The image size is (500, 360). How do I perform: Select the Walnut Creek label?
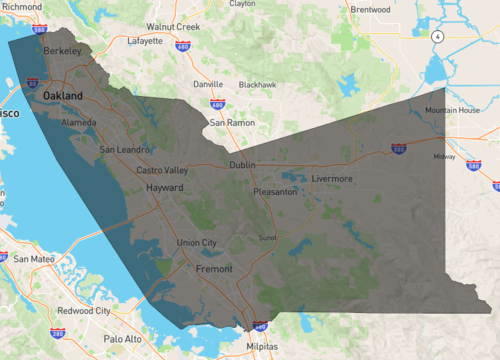pos(173,26)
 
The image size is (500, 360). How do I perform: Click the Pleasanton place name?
pos(275,191)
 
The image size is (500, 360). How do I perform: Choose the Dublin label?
pos(242,165)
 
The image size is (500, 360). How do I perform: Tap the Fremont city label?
pos(214,269)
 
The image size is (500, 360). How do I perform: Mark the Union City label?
pos(195,243)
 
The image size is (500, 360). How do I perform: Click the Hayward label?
pos(165,188)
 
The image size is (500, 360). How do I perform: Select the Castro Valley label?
pos(162,171)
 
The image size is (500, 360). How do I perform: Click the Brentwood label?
pos(370,10)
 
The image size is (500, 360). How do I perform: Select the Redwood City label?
pos(84,311)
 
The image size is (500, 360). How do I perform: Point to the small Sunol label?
pos(267,238)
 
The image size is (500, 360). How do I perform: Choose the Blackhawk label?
pos(257,85)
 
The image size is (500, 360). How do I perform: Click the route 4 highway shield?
pos(437,35)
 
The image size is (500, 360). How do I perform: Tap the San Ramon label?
pos(232,122)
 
